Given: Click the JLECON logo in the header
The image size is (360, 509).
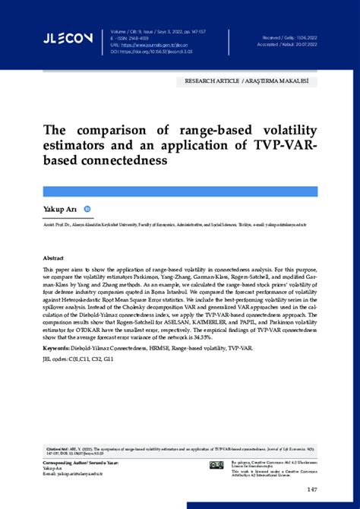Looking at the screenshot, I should [68, 37].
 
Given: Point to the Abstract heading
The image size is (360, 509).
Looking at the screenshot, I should [53, 258].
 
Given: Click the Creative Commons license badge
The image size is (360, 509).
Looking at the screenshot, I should [216, 464].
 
